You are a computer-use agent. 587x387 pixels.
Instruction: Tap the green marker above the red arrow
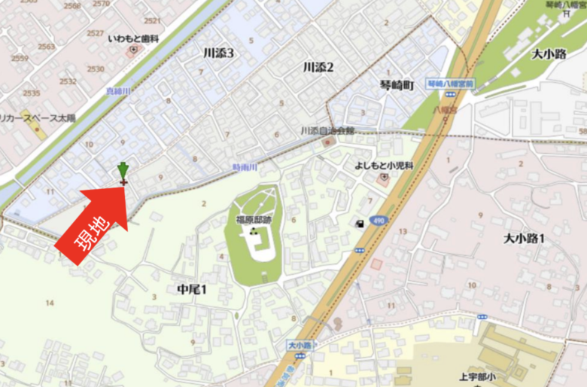tap(123, 171)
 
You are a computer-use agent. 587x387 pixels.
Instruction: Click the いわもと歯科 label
tap(133, 38)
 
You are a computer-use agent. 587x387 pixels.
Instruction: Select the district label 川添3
tap(219, 53)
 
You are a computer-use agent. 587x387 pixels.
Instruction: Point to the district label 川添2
tap(318, 67)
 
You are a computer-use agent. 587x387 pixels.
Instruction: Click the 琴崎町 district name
tap(397, 86)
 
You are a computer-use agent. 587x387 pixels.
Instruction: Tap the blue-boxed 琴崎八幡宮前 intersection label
tap(449, 84)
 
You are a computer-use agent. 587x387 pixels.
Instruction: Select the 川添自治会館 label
tap(327, 130)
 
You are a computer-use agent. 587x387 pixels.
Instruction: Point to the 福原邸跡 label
tap(254, 220)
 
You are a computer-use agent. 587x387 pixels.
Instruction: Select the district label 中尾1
tap(191, 290)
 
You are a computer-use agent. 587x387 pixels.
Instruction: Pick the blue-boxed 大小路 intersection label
tap(299, 345)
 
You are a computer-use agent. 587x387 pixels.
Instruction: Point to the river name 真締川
tap(119, 91)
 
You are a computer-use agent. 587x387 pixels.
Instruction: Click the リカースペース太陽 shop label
tap(38, 118)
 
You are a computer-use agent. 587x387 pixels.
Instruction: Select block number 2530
tap(96, 69)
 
